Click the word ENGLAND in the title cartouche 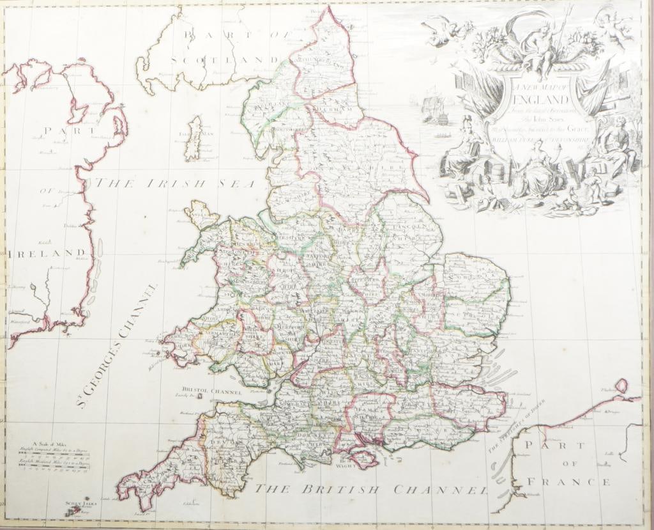(x=539, y=101)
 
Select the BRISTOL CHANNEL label (x=211, y=389)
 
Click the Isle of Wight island (x=361, y=458)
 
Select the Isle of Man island (x=193, y=138)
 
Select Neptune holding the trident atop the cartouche (x=540, y=45)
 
